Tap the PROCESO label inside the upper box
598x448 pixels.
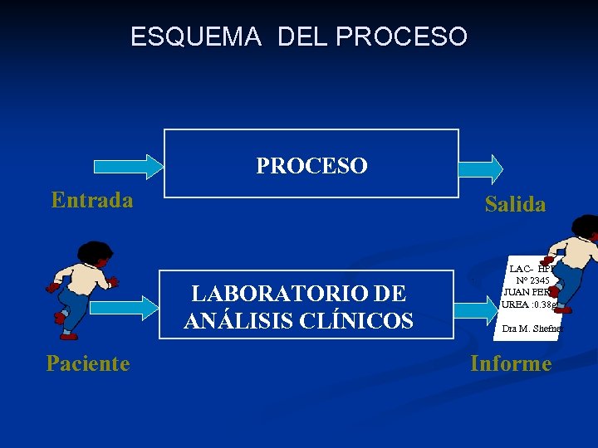[311, 166]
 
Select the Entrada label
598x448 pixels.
[91, 200]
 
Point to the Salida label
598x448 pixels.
[515, 204]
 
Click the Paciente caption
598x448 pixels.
[88, 363]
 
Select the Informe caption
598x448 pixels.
[511, 363]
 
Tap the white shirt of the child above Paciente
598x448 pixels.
[84, 282]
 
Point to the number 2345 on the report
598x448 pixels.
[523, 280]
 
